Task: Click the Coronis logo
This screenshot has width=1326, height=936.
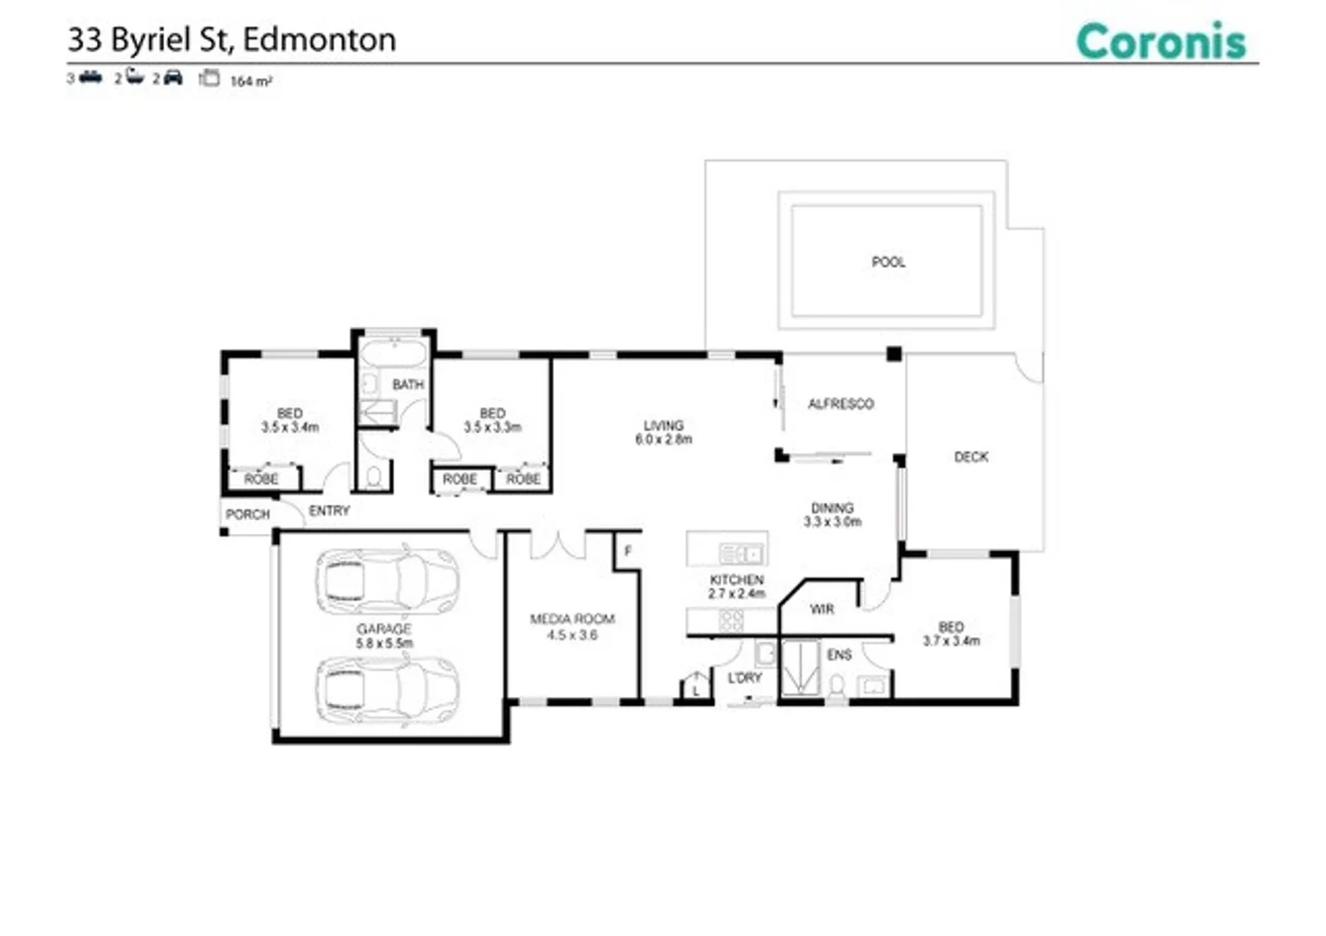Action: tap(1160, 42)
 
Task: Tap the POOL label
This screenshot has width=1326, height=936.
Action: tap(887, 262)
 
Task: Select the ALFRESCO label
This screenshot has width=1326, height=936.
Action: tap(840, 404)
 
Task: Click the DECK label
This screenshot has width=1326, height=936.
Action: tap(971, 457)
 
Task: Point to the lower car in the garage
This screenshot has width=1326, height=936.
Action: tap(387, 689)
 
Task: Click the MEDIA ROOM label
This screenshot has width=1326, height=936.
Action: tap(572, 619)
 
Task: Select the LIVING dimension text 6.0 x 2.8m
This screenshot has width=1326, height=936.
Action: tap(663, 439)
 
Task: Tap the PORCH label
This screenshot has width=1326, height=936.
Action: tap(248, 514)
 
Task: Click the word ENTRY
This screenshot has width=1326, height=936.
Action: tap(329, 511)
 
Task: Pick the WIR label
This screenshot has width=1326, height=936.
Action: tap(822, 609)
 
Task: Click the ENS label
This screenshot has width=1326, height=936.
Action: tap(839, 655)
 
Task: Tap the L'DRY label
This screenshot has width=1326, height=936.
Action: tap(744, 678)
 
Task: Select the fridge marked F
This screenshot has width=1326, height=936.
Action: tap(627, 551)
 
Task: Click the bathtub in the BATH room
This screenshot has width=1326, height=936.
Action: tap(393, 354)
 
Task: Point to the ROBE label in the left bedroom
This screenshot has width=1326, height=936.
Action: tap(261, 479)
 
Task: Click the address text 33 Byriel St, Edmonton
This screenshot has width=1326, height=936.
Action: tap(231, 40)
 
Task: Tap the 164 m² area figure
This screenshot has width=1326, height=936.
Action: tap(250, 81)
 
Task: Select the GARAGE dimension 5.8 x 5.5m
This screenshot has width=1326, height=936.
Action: tap(384, 643)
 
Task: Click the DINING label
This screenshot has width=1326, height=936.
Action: tap(832, 508)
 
